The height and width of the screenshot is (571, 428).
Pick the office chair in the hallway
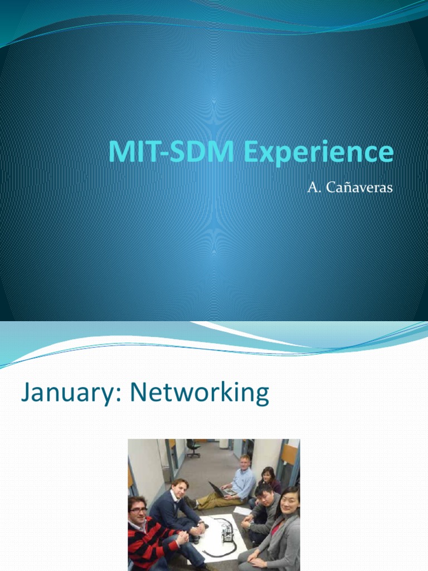tap(193, 447)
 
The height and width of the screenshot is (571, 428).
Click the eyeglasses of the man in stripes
tap(138, 510)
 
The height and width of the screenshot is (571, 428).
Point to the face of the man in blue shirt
tap(245, 462)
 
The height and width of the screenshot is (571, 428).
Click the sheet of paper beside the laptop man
tap(242, 510)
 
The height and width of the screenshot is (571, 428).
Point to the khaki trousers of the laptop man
tap(215, 500)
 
